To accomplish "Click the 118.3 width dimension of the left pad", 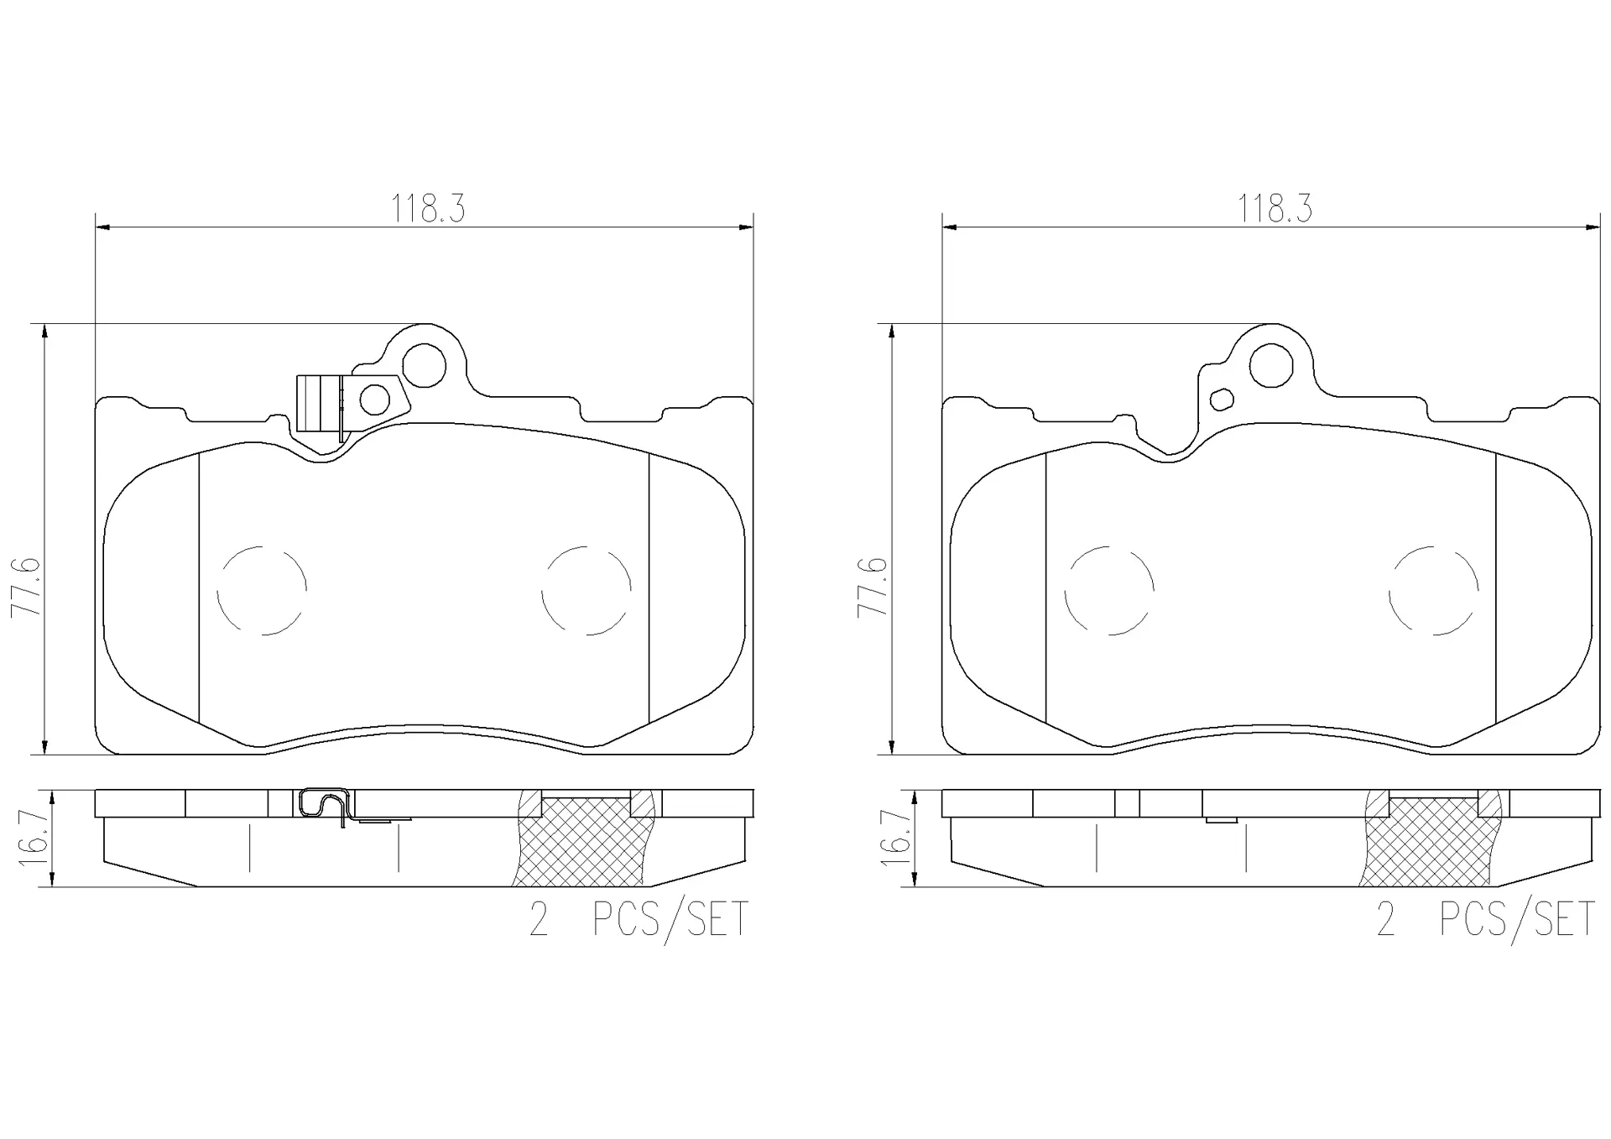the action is (x=427, y=209).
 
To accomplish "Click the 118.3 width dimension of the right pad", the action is (x=1275, y=209).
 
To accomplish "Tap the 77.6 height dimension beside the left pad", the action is (x=27, y=586).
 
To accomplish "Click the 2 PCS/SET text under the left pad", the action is (x=639, y=921).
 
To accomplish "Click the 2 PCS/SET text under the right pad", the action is (x=1485, y=921).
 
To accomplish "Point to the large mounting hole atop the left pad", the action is (x=424, y=365).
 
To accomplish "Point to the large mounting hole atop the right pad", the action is (x=1270, y=365).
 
